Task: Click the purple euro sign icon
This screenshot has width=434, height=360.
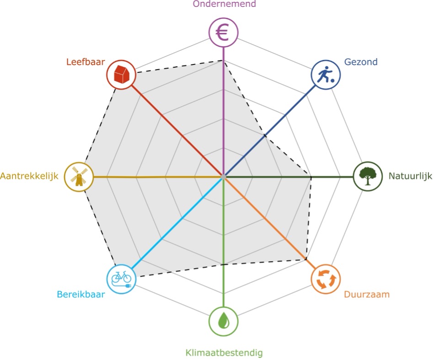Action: pyautogui.click(x=223, y=32)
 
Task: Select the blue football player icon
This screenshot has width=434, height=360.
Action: pyautogui.click(x=326, y=75)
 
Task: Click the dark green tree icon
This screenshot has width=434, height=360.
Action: pyautogui.click(x=368, y=176)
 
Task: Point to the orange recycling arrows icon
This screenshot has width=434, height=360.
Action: pyautogui.click(x=326, y=279)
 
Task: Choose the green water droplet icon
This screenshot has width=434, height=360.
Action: pyautogui.click(x=223, y=321)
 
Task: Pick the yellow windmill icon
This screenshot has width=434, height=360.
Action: pyautogui.click(x=79, y=177)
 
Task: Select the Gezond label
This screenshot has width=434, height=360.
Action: pyautogui.click(x=361, y=62)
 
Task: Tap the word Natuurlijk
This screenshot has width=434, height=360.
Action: pyautogui.click(x=410, y=176)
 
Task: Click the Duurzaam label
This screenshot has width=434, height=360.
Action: pyautogui.click(x=367, y=294)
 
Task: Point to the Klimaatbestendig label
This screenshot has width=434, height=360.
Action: pyautogui.click(x=224, y=353)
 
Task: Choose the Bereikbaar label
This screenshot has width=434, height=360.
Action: pyautogui.click(x=80, y=294)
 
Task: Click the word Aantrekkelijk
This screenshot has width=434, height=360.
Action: pyautogui.click(x=29, y=176)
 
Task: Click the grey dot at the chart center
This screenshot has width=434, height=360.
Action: pyautogui.click(x=223, y=177)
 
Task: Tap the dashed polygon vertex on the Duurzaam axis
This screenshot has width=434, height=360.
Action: pyautogui.click(x=306, y=259)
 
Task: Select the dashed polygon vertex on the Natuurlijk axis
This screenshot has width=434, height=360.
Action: pyautogui.click(x=311, y=176)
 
